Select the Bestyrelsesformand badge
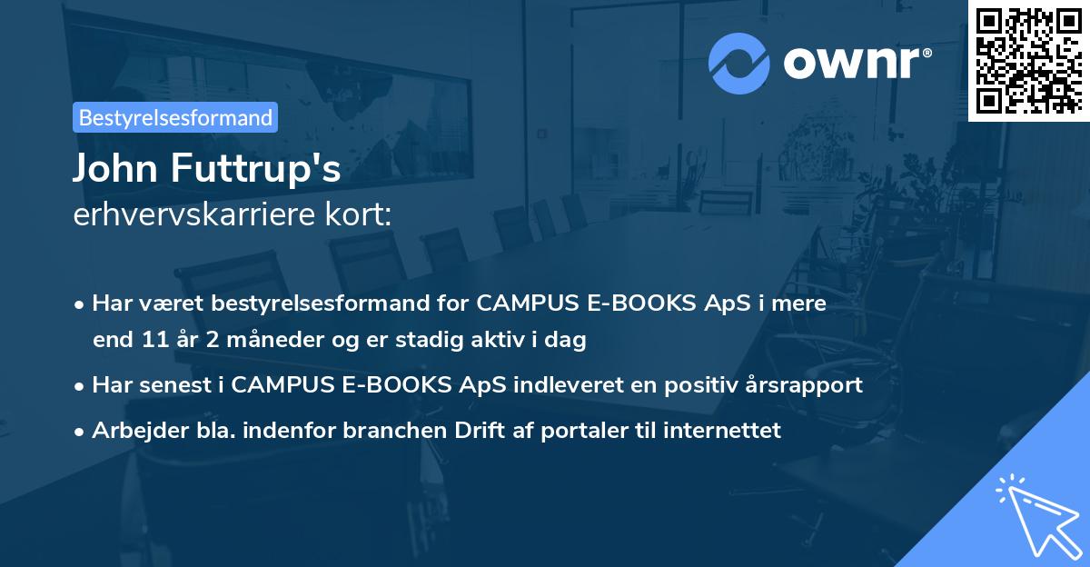(175, 117)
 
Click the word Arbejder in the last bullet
(132, 430)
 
